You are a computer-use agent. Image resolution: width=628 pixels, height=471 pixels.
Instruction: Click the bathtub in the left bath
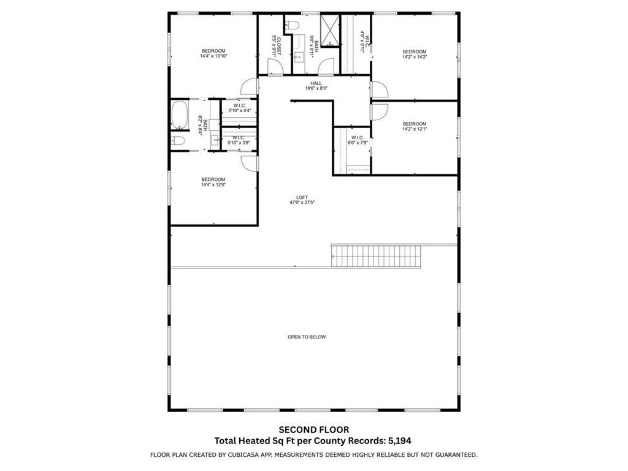[180, 116]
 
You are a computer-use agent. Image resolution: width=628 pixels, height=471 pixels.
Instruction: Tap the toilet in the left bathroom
[178, 141]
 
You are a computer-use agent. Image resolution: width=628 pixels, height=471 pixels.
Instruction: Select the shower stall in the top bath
[330, 30]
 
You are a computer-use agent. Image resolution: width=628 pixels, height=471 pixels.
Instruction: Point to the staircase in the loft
[377, 255]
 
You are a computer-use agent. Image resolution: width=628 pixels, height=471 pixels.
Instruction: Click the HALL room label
[316, 83]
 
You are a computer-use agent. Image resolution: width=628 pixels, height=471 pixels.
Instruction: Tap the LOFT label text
[302, 197]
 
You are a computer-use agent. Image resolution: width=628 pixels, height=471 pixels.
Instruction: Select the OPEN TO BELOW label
[307, 337]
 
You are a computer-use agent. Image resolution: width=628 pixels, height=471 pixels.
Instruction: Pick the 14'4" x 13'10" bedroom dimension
[213, 56]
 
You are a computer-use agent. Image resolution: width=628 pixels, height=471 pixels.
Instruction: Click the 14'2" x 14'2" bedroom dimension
[414, 57]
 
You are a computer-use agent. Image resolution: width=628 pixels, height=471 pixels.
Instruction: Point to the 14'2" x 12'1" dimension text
[414, 129]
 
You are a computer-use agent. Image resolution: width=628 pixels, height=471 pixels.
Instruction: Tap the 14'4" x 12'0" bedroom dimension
[213, 185]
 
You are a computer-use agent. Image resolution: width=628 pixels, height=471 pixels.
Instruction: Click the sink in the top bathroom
[300, 57]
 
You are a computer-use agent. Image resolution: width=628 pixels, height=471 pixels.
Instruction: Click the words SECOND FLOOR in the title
[313, 430]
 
